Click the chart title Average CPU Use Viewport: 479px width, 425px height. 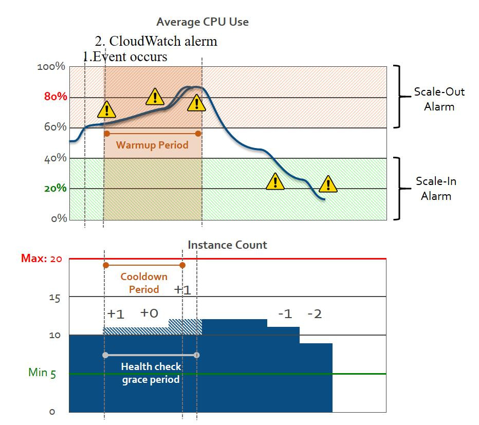point(202,22)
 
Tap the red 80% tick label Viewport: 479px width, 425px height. point(55,97)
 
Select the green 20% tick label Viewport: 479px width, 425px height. point(55,188)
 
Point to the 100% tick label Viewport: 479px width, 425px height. point(51,67)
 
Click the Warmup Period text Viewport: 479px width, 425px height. point(152,145)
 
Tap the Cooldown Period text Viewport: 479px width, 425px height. point(144,283)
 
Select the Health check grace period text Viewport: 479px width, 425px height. point(151,373)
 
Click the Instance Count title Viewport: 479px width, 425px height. point(227,245)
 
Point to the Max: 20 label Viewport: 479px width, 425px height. point(42,258)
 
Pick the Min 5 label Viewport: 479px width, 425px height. point(42,372)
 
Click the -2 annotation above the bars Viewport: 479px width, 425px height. point(314,313)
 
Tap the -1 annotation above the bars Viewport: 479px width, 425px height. point(285,313)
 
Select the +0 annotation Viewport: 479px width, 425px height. point(149,312)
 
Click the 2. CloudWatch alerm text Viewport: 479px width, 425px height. point(156,41)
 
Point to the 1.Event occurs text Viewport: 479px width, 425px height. point(125,56)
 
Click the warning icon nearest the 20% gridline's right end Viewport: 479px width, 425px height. point(328,183)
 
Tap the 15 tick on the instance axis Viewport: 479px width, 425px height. point(54,298)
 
